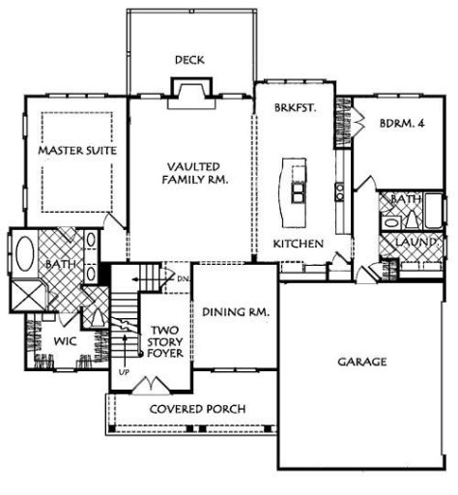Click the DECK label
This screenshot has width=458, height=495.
(188, 60)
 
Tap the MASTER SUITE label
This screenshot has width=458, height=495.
(77, 152)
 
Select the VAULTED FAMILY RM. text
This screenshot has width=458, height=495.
(193, 173)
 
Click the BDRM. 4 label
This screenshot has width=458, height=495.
(401, 123)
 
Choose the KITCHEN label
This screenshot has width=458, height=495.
(297, 245)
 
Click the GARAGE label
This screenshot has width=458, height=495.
(362, 362)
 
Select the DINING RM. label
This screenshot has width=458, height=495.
(235, 312)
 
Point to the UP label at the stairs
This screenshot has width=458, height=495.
(123, 371)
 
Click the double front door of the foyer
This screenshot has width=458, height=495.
(152, 387)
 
